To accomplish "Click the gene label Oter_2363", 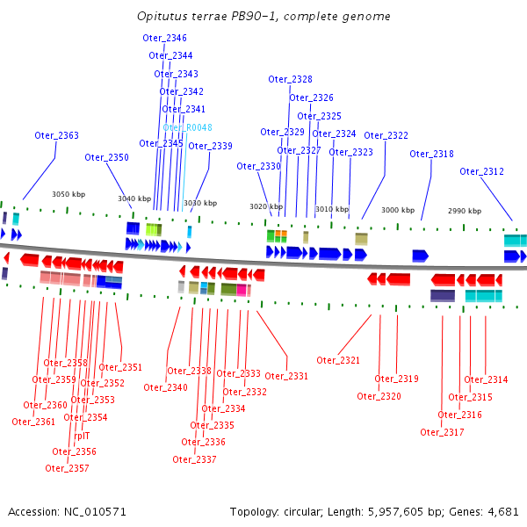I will coord(56,135).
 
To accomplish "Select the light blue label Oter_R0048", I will coord(187,127).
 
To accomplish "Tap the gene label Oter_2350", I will coord(106,157).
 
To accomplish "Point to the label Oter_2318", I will coord(431,154).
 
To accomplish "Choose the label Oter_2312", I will coord(481,171).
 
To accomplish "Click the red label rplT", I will coord(82,435).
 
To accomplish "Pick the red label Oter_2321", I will coord(338,360).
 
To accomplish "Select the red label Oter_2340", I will coord(165,387).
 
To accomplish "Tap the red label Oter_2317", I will coord(442,431).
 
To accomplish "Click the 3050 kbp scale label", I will coord(69,194).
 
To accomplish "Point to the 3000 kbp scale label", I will coord(398,210).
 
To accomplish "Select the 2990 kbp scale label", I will coord(465,211).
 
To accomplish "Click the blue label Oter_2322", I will coord(386,135).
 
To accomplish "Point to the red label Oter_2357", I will coord(67,468).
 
